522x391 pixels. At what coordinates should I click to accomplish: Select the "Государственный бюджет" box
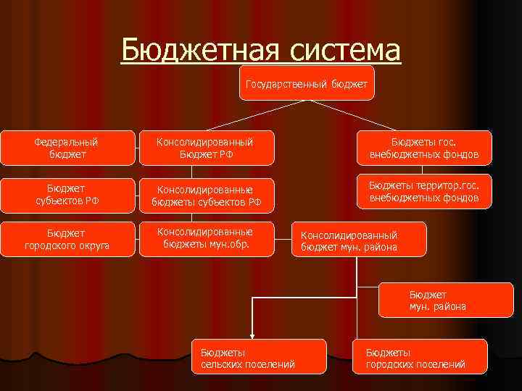point(306,83)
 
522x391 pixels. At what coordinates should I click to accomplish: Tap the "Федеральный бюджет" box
point(67,148)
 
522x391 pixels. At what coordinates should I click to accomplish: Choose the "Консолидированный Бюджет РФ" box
point(207,148)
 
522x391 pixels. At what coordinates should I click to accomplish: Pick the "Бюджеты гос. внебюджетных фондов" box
point(424,148)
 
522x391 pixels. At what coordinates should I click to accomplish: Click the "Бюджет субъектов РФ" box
point(67,195)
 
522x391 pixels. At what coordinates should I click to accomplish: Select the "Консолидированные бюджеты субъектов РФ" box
point(207,195)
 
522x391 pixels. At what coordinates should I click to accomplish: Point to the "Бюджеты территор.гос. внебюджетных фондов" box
point(424,191)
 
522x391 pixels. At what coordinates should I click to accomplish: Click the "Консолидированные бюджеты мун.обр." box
point(207,237)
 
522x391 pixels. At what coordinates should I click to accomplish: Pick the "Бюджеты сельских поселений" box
point(247,358)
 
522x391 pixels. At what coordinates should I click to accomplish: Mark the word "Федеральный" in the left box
point(67,142)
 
